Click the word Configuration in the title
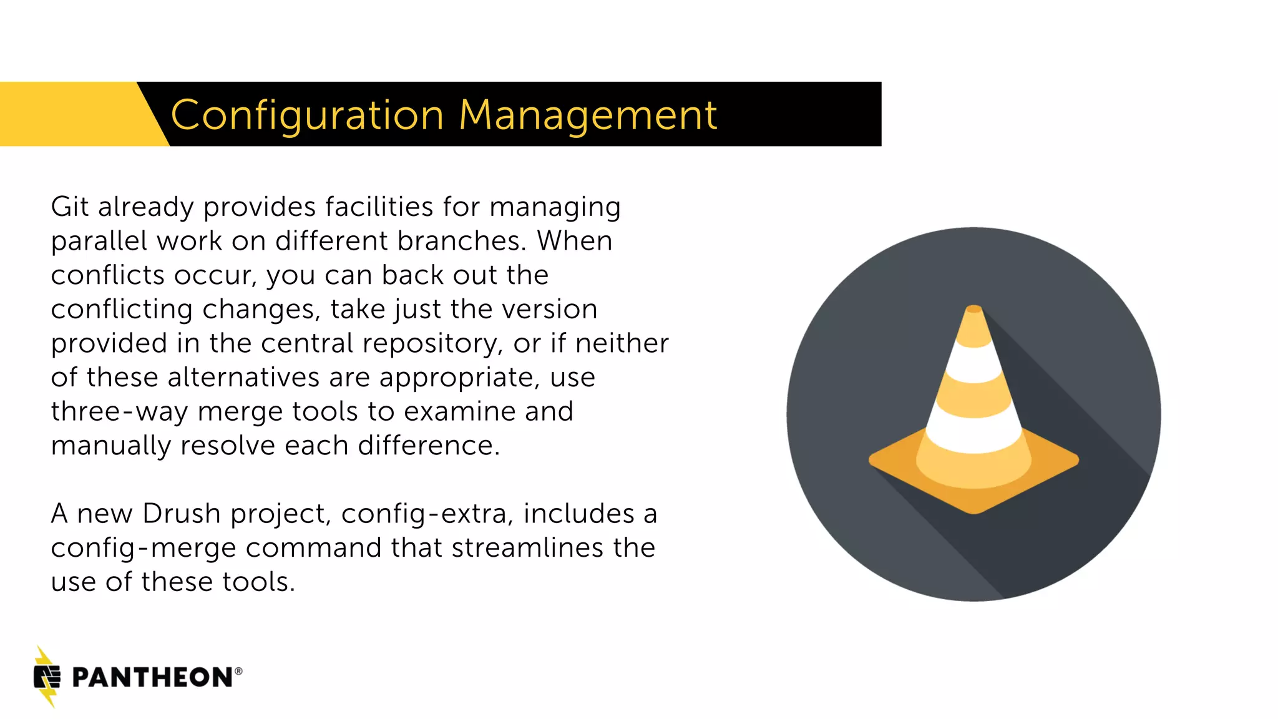(x=307, y=115)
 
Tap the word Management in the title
(x=588, y=115)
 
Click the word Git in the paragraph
(x=69, y=207)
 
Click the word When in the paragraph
(x=575, y=241)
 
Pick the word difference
(x=429, y=446)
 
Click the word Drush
(x=182, y=514)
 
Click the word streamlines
(x=527, y=548)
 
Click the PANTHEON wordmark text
(x=153, y=678)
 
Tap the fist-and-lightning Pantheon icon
(x=47, y=677)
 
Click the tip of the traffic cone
(x=974, y=309)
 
